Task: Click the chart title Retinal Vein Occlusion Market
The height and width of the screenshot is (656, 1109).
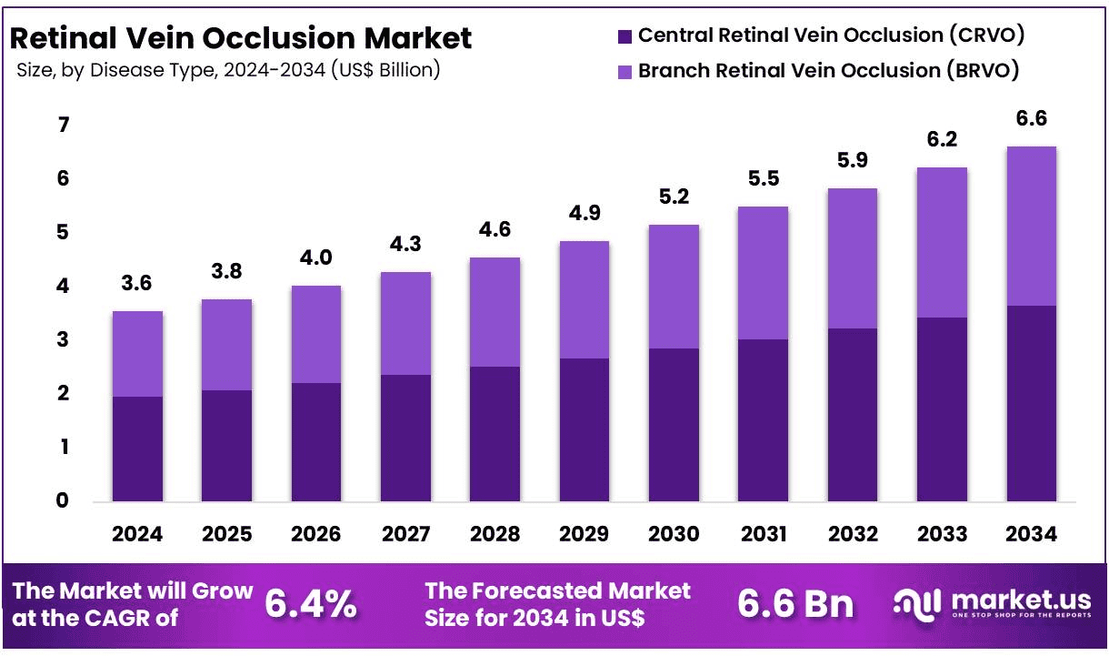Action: pos(240,38)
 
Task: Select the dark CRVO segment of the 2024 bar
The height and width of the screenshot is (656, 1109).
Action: pos(137,448)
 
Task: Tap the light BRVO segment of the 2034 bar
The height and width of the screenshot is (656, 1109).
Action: pos(1031,226)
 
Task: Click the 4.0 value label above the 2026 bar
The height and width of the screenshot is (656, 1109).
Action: pos(315,257)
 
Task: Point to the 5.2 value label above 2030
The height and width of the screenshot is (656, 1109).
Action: pos(673,197)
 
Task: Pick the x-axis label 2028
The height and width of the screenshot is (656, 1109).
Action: pos(495,534)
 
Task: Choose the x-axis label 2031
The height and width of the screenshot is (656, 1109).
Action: pos(763,534)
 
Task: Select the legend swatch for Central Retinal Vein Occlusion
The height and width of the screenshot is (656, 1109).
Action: pos(624,36)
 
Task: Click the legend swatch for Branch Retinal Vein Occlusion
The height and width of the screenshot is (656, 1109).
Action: pos(624,71)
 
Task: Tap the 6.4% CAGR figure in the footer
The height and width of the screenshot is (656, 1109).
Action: pos(311,604)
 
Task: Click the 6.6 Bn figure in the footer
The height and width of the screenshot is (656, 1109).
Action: pos(795,604)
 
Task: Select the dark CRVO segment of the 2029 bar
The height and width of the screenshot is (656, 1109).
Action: pos(584,429)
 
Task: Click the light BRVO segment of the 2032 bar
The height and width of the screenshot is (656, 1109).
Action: pos(852,258)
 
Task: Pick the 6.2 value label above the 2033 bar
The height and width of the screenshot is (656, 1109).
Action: pos(941,139)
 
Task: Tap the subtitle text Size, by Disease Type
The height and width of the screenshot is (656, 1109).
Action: pos(227,70)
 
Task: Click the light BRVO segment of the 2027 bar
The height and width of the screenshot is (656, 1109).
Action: pos(405,323)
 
